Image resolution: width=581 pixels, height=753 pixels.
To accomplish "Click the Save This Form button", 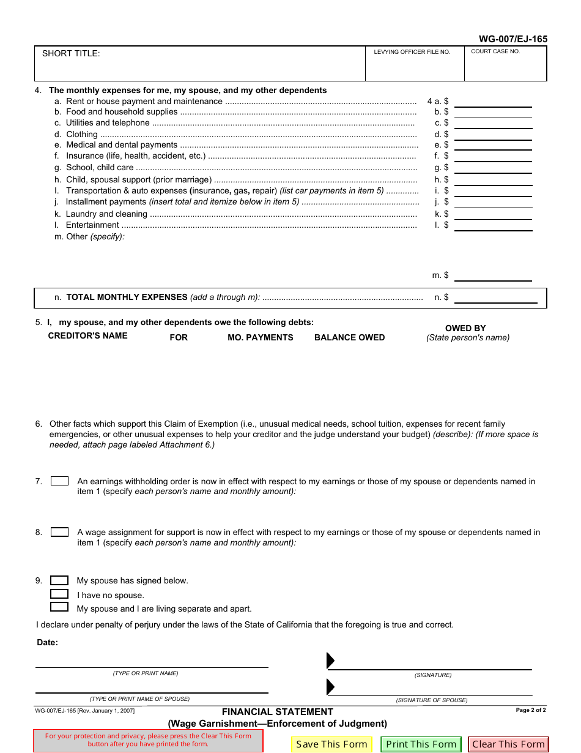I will pyautogui.click(x=331, y=744).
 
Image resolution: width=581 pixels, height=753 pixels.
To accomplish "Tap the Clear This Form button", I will pyautogui.click(x=508, y=744).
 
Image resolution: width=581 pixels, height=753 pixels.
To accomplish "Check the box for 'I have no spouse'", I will pyautogui.click(x=59, y=594).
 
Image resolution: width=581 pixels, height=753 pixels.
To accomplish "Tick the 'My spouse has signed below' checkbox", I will pyautogui.click(x=59, y=580).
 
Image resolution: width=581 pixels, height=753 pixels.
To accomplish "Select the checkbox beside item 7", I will pyautogui.click(x=59, y=481).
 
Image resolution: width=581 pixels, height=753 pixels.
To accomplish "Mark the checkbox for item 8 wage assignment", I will pyautogui.click(x=59, y=532).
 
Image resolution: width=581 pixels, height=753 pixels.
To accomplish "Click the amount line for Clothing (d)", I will pyautogui.click(x=493, y=134).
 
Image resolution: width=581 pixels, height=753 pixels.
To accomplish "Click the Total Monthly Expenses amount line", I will pyautogui.click(x=495, y=298).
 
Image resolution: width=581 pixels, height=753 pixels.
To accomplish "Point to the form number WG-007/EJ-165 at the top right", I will pyautogui.click(x=513, y=39).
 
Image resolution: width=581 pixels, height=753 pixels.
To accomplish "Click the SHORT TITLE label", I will pyautogui.click(x=71, y=54).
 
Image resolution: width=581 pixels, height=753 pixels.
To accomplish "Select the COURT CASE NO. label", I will pyautogui.click(x=495, y=51).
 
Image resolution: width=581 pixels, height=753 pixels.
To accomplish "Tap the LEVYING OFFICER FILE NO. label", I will pyautogui.click(x=412, y=52).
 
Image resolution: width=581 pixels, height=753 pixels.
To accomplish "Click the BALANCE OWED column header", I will pyautogui.click(x=349, y=337).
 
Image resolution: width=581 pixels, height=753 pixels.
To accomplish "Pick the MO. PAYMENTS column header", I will pyautogui.click(x=260, y=337).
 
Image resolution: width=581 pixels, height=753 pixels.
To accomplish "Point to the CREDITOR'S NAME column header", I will pyautogui.click(x=87, y=335).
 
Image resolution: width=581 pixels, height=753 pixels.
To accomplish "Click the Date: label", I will pyautogui.click(x=48, y=642).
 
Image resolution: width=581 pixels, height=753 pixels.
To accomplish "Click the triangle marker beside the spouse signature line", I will pyautogui.click(x=331, y=686).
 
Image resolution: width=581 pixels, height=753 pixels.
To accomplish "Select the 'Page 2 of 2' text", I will pyautogui.click(x=530, y=710).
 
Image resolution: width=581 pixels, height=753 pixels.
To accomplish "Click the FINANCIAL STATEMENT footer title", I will pyautogui.click(x=277, y=712).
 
